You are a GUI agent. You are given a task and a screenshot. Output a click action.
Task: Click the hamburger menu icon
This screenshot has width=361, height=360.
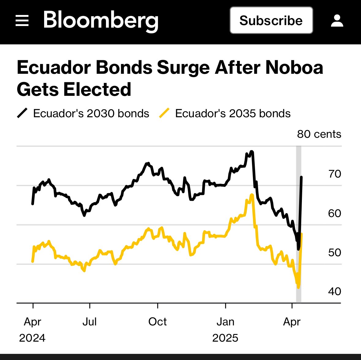(22, 21)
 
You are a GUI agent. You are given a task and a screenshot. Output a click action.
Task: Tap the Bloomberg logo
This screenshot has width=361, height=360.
(101, 21)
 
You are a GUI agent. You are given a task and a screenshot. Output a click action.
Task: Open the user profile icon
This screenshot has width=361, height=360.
(337, 21)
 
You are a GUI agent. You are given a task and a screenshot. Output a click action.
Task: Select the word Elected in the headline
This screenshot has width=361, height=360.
(97, 89)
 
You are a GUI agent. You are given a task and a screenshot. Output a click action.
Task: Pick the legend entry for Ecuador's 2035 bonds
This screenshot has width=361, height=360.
(225, 114)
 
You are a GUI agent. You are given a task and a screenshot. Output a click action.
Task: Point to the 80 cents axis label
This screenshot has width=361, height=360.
(319, 134)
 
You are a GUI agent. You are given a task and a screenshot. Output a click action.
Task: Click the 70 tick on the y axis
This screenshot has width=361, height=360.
(334, 174)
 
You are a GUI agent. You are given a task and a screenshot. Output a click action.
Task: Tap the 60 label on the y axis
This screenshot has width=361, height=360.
(334, 213)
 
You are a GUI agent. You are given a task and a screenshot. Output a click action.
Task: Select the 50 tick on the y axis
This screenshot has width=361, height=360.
(334, 253)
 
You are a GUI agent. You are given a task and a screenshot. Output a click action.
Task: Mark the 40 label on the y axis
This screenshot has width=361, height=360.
(334, 291)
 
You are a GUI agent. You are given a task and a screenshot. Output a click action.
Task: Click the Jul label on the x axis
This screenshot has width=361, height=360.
(89, 322)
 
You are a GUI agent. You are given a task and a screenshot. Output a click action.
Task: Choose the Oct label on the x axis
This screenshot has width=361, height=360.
(157, 322)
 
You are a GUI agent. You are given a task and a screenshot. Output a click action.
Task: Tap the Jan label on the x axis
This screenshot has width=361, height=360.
(225, 322)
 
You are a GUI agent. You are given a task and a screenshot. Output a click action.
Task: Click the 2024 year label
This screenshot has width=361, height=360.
(32, 338)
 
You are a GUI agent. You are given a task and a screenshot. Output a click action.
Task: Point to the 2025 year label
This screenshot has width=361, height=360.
(225, 338)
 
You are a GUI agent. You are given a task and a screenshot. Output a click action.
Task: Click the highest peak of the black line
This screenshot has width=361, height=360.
(251, 152)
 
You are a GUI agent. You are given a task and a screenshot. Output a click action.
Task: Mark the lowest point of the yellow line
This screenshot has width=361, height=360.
(298, 287)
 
